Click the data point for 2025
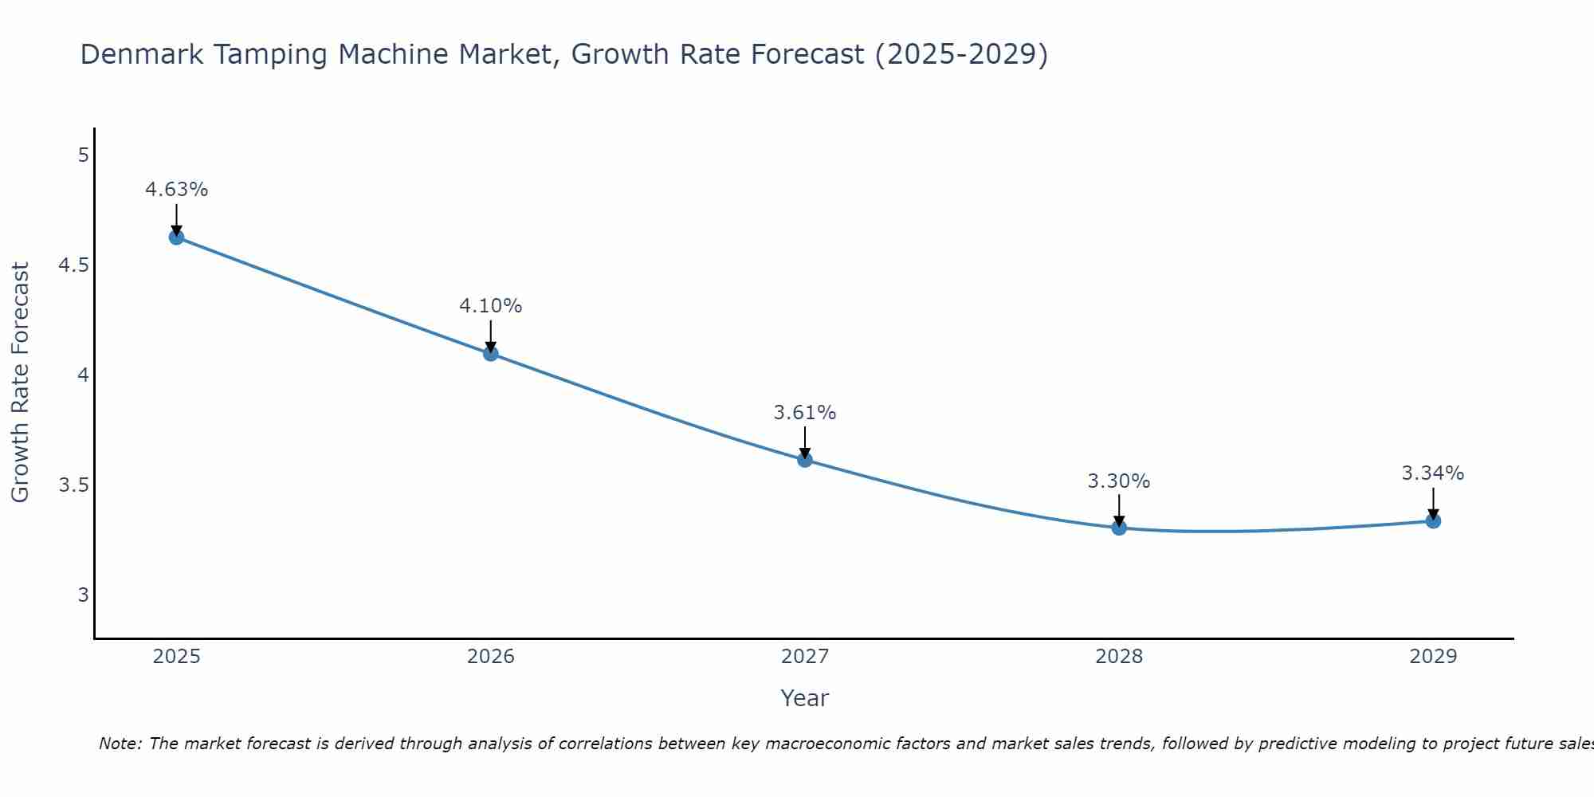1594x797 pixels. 176,237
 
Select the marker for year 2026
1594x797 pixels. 491,353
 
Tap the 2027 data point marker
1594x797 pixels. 805,459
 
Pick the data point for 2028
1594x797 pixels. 1119,528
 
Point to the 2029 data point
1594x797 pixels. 1433,520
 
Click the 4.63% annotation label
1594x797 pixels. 176,190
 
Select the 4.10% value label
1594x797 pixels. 491,306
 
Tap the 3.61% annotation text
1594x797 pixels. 805,413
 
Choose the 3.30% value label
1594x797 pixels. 1119,481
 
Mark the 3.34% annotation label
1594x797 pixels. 1433,473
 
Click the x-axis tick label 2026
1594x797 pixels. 491,657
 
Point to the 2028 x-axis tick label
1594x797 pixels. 1119,657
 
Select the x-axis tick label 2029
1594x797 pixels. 1433,657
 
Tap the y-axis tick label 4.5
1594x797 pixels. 73,265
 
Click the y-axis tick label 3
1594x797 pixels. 84,595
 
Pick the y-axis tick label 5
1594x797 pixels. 84,155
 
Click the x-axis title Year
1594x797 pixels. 805,698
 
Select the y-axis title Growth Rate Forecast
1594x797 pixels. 20,382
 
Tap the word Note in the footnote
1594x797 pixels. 120,744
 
